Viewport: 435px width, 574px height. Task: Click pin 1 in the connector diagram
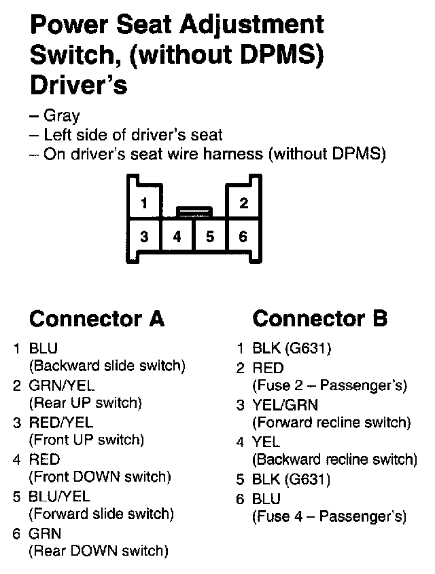pyautogui.click(x=143, y=204)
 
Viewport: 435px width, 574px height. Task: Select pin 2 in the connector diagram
pyautogui.click(x=243, y=204)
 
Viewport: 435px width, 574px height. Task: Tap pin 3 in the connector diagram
pyautogui.click(x=143, y=237)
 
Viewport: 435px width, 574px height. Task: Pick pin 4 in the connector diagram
pyautogui.click(x=177, y=237)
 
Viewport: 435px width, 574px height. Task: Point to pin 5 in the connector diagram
pyautogui.click(x=210, y=237)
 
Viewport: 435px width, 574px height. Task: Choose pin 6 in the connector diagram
pyautogui.click(x=243, y=237)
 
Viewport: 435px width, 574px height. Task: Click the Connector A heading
pyautogui.click(x=97, y=318)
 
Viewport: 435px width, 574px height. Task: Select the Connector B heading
pyautogui.click(x=320, y=318)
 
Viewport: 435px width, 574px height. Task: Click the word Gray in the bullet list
pyautogui.click(x=61, y=116)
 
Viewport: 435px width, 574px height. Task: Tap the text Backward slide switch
pyautogui.click(x=107, y=366)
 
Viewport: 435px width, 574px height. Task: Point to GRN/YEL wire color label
pyautogui.click(x=61, y=386)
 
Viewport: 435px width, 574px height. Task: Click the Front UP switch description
pyautogui.click(x=86, y=440)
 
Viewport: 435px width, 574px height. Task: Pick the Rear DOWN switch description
pyautogui.click(x=98, y=550)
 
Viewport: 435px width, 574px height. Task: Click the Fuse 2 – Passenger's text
pyautogui.click(x=330, y=386)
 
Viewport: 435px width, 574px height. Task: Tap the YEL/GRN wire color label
pyautogui.click(x=285, y=405)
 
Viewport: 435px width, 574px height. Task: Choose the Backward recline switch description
pyautogui.click(x=334, y=459)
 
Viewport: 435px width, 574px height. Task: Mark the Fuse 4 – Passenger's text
pyautogui.click(x=330, y=516)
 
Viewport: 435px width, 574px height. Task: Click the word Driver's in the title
pyautogui.click(x=79, y=85)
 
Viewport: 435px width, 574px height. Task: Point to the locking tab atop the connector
pyautogui.click(x=194, y=212)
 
